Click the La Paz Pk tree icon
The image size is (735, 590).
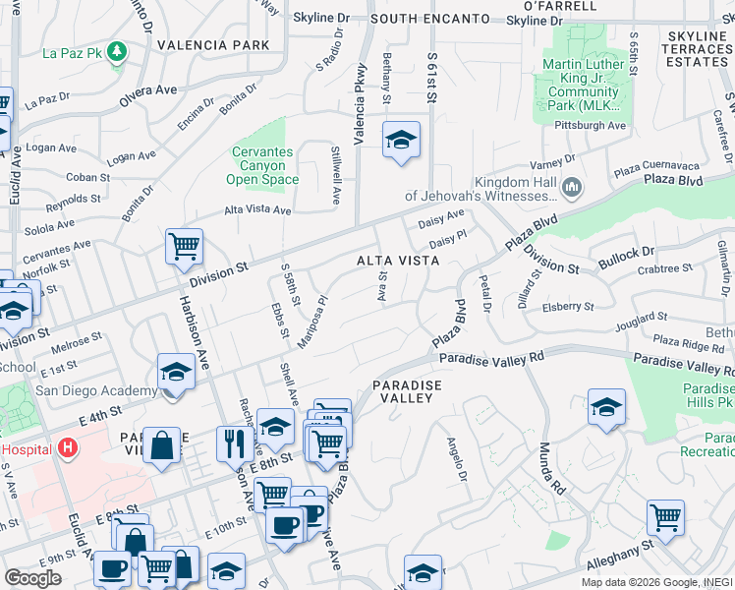point(118,50)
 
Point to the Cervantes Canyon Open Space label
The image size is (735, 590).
point(262,166)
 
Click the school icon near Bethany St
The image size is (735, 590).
point(401,142)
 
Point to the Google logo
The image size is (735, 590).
point(32,578)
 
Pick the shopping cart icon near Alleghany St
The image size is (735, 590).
point(666,516)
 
